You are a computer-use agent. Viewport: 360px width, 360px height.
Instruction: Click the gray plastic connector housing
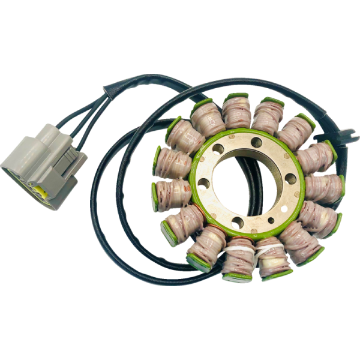[42, 162]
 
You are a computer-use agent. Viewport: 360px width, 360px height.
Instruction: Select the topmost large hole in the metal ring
[256, 142]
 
